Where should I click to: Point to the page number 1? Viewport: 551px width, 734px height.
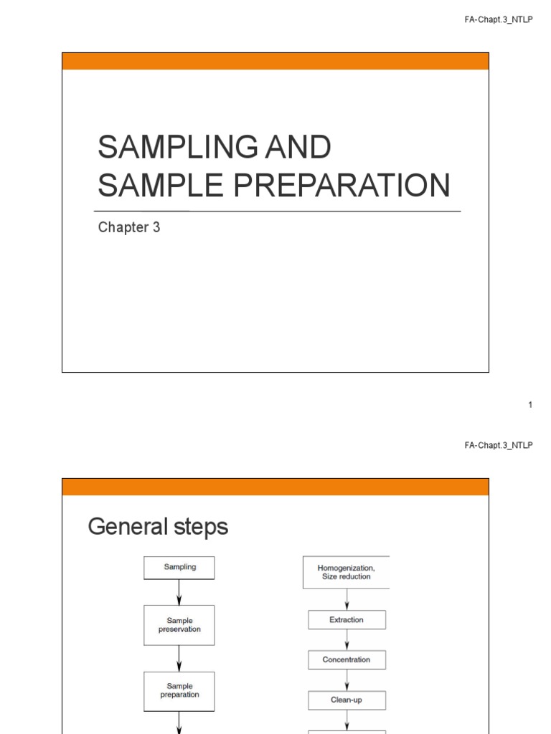530,405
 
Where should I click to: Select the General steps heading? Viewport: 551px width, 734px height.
158,528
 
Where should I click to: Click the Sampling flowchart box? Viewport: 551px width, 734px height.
179,568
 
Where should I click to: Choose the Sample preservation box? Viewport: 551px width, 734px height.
179,625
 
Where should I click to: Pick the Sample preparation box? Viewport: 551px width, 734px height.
179,690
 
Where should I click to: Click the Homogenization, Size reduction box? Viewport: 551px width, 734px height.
347,572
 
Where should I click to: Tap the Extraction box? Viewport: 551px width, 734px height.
347,620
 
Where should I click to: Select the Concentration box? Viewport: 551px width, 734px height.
347,660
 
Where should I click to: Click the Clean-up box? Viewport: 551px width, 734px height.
347,700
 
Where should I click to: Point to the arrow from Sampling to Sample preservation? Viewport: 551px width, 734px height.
179,593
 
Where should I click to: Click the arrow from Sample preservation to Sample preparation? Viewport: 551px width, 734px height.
179,658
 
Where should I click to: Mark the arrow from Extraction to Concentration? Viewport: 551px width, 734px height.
347,640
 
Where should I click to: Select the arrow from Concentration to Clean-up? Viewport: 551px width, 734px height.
347,680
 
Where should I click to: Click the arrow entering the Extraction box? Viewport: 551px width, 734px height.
347,600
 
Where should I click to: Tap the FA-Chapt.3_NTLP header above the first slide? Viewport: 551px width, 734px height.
499,21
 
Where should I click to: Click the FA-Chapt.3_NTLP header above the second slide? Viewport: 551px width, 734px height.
499,445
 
